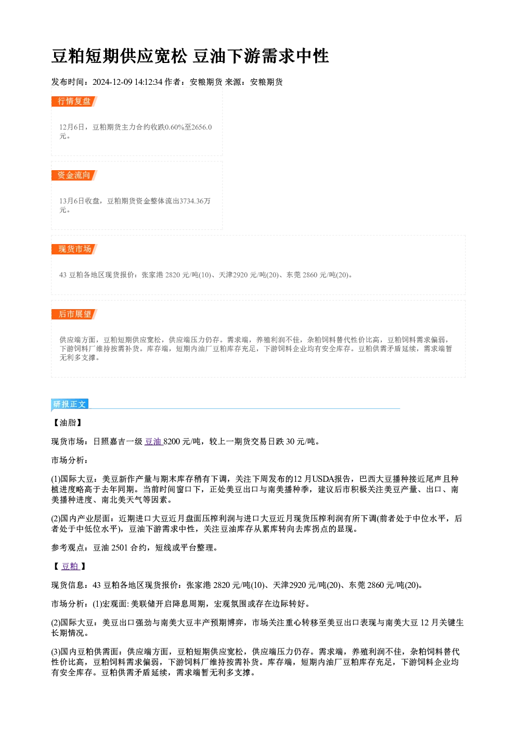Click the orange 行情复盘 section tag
pos(74,101)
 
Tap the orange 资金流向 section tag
pos(74,175)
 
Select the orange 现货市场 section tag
pos(74,249)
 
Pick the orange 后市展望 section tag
pos(74,314)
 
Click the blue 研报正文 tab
pos(70,404)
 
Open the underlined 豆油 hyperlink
pos(153,442)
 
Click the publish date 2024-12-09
pos(112,82)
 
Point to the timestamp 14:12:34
pos(148,82)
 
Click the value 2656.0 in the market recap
pos(201,127)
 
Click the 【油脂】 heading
pos(67,423)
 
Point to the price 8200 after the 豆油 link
pos(172,442)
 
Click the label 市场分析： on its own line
pos(70,460)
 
